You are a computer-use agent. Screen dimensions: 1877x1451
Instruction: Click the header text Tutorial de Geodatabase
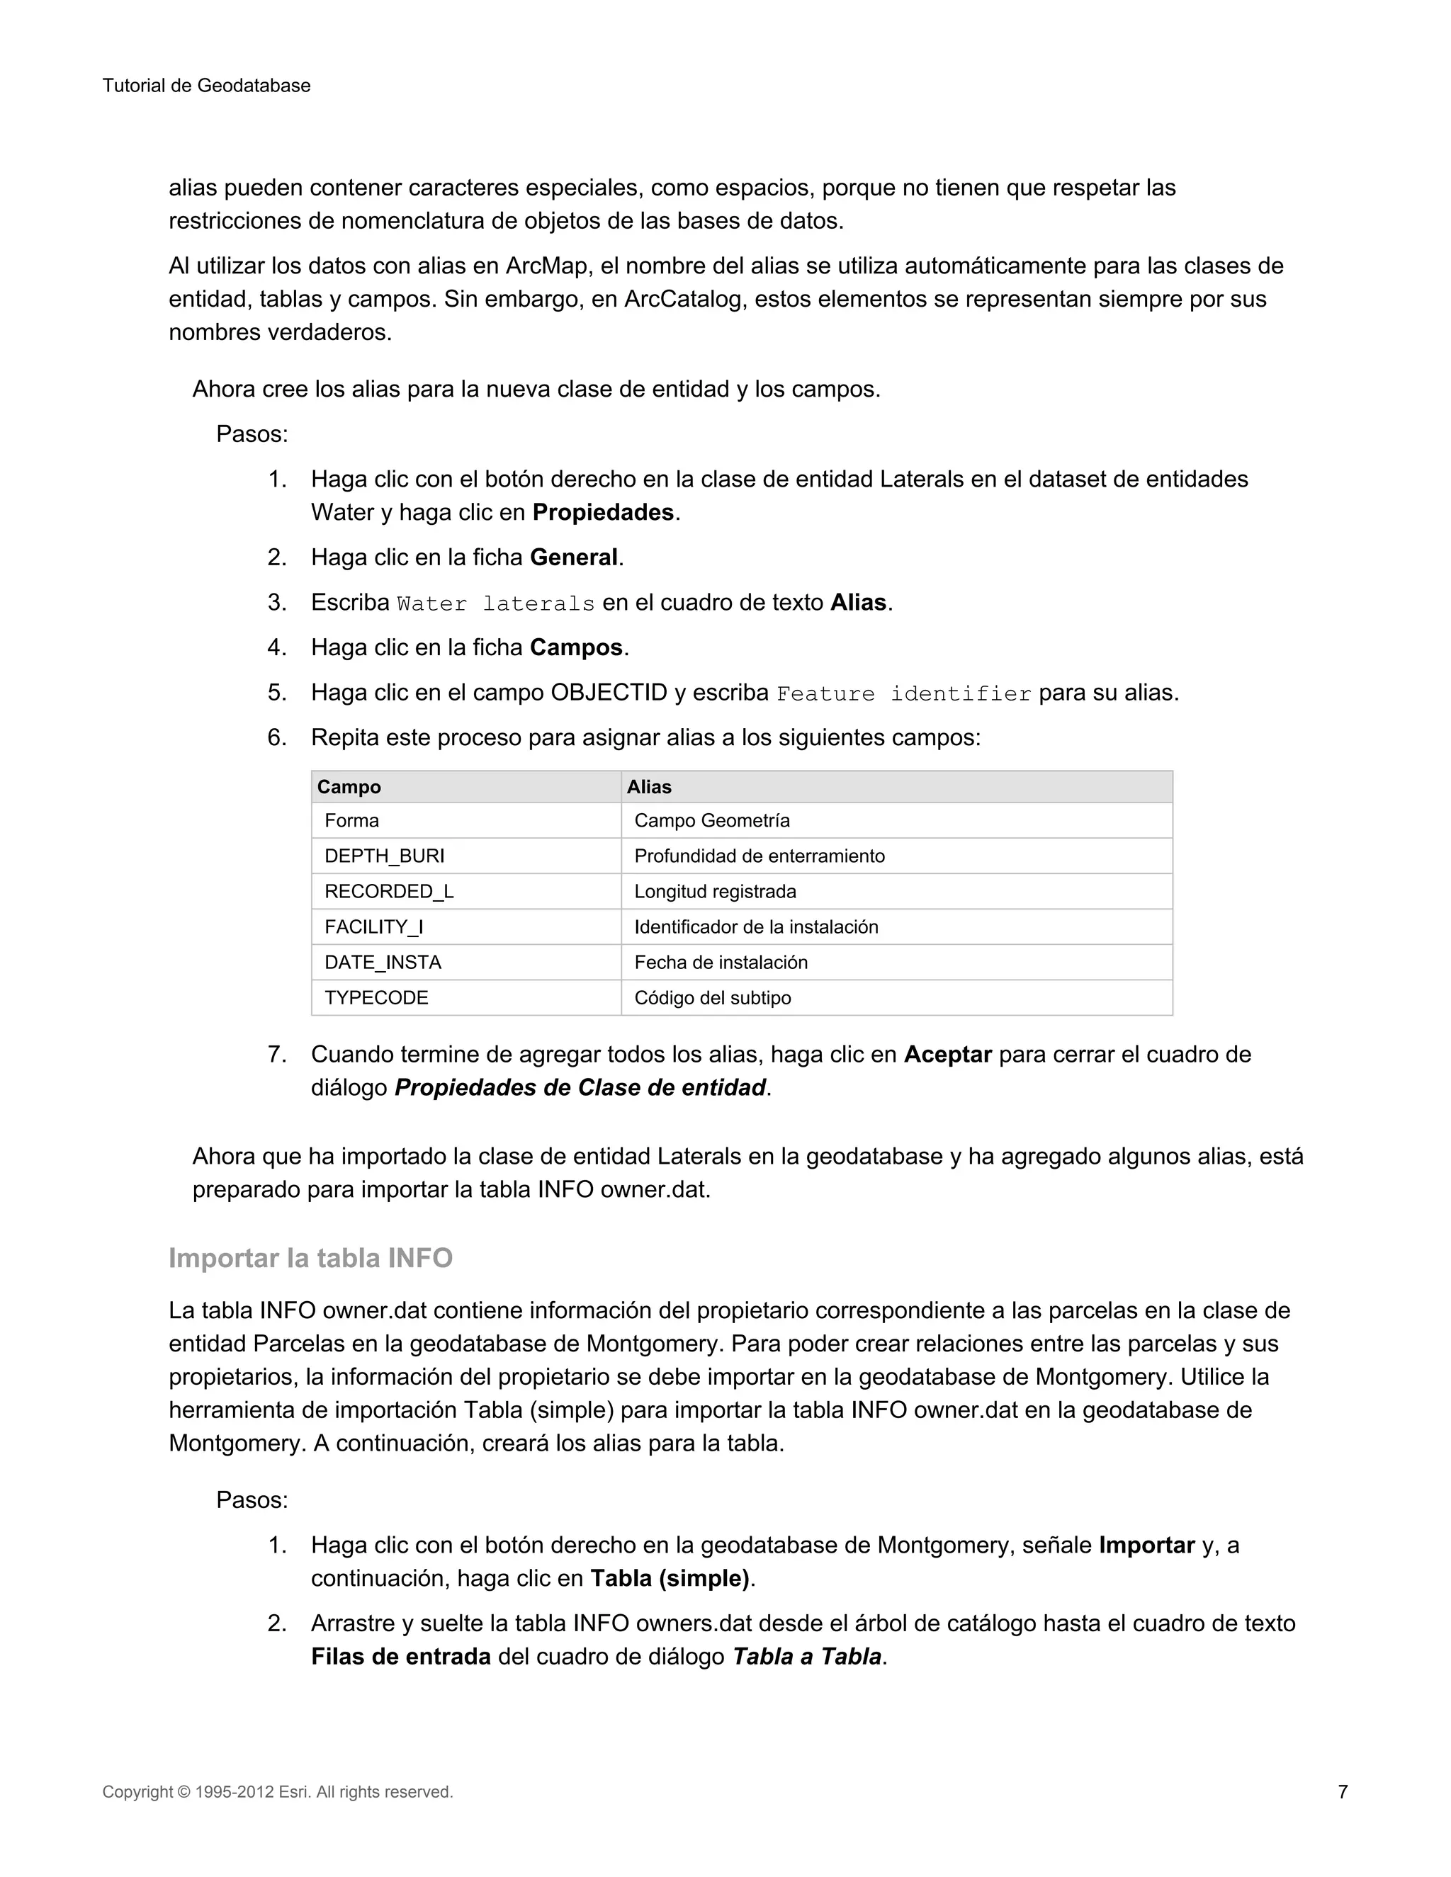[x=206, y=86]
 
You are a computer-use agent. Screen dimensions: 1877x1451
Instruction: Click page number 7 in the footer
[x=1342, y=1792]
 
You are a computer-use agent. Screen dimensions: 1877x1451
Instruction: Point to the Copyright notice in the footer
[x=277, y=1792]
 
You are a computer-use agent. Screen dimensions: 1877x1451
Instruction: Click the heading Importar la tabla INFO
[x=310, y=1258]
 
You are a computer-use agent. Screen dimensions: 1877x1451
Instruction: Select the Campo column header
[x=349, y=787]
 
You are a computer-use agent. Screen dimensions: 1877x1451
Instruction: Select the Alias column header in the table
[x=649, y=787]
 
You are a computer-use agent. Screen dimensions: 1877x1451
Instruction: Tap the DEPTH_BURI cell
[x=384, y=856]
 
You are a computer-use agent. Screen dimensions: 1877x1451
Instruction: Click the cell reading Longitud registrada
[x=715, y=891]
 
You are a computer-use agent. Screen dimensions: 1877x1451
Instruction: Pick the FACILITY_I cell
[x=374, y=926]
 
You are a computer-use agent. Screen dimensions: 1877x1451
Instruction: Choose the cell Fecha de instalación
[x=721, y=963]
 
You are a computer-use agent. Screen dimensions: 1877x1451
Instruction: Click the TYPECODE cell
[x=376, y=998]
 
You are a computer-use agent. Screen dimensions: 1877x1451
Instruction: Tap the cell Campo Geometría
[x=712, y=821]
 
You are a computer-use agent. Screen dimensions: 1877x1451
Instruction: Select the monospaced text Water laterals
[x=496, y=604]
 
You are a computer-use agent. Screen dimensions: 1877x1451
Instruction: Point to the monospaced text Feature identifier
[x=903, y=694]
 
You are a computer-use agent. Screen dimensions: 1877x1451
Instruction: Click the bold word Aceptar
[x=947, y=1055]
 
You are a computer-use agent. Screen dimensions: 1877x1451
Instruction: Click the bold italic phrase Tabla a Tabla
[x=806, y=1657]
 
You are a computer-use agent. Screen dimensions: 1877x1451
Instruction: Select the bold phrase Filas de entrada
[x=400, y=1657]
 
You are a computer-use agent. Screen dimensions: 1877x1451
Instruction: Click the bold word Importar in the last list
[x=1147, y=1546]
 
